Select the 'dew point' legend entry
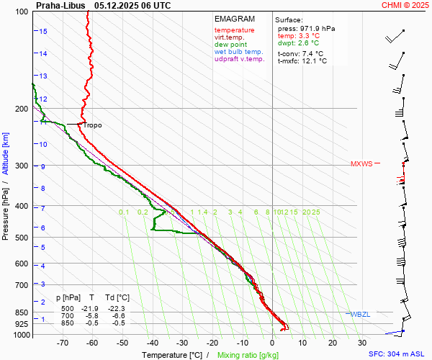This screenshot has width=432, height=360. coord(230,45)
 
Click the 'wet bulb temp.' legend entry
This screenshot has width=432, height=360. coord(239,52)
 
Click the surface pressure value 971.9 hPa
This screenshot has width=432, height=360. coord(317,28)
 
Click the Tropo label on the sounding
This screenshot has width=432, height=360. coord(92,125)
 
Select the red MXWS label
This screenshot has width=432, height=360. coord(361,163)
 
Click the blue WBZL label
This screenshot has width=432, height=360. coord(360,315)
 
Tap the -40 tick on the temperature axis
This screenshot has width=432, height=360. coord(152,344)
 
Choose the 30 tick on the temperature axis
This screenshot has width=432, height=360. coord(362,344)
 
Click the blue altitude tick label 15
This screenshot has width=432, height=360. coord(43,32)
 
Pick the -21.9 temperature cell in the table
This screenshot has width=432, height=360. coord(92,307)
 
